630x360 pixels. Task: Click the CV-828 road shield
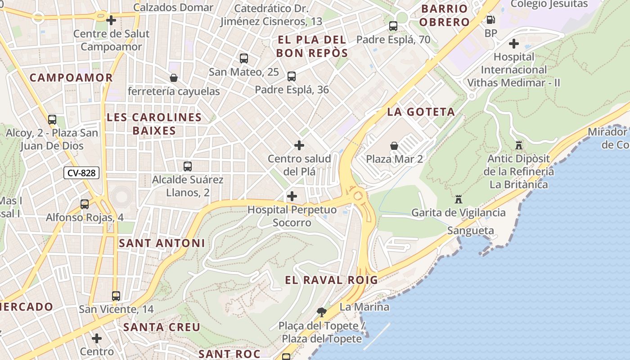81,173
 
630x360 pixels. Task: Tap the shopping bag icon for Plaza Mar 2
394,146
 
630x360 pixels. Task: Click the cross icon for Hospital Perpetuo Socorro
292,196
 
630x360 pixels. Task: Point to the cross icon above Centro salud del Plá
299,145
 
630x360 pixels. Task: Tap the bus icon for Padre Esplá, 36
292,76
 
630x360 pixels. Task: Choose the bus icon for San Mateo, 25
244,58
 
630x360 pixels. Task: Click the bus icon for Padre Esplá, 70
393,26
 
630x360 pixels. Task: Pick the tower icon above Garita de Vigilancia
459,199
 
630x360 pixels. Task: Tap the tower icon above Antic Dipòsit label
519,145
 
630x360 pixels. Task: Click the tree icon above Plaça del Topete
321,311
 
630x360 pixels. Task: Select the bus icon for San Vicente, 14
116,296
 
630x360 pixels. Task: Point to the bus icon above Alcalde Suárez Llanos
188,166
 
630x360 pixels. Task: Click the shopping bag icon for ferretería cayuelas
174,78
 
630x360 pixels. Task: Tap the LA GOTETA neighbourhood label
421,112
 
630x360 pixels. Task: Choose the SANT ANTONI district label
162,243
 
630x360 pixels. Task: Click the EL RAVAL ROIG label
331,280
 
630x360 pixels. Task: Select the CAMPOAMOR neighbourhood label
71,78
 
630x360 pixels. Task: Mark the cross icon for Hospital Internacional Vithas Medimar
513,44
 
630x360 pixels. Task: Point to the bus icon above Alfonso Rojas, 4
85,204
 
